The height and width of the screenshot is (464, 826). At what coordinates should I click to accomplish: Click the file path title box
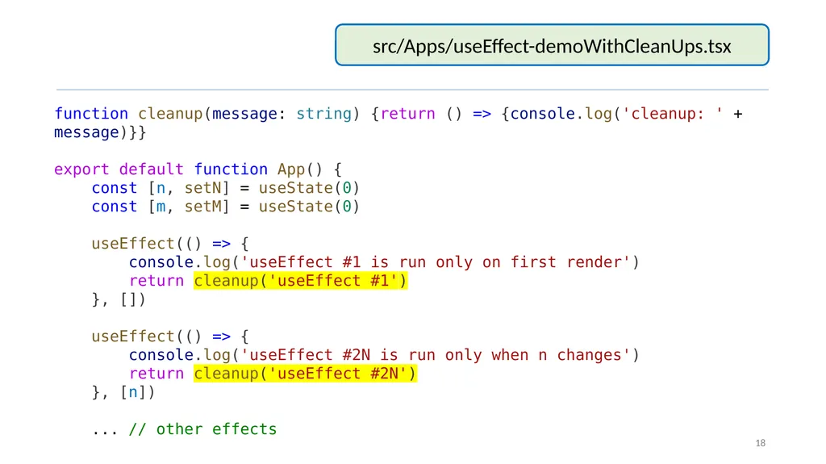tap(552, 45)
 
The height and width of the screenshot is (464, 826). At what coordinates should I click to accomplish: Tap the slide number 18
tap(760, 443)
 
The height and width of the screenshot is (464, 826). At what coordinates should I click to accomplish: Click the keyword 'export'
tap(81, 169)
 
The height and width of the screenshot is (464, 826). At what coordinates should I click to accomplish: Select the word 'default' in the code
tap(151, 169)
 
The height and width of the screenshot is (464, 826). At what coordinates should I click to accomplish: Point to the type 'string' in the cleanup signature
tap(324, 114)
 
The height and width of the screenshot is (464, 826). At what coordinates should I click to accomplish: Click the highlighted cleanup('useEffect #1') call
tap(300, 281)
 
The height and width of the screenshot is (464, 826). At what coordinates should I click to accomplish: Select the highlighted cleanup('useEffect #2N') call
tap(305, 374)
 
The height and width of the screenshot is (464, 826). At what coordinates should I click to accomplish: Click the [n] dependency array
tap(137, 392)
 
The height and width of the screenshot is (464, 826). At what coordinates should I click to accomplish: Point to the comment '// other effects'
tap(202, 429)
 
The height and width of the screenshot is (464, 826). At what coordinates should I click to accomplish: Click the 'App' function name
tap(291, 169)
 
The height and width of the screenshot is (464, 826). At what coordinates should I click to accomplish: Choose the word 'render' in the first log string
tap(594, 262)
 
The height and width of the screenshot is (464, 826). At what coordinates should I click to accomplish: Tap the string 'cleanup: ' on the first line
tap(673, 114)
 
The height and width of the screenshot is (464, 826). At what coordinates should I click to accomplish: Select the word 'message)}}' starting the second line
tap(100, 132)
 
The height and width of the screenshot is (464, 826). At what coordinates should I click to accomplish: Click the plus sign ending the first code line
tap(738, 114)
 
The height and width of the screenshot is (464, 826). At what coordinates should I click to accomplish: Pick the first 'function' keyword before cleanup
tap(91, 113)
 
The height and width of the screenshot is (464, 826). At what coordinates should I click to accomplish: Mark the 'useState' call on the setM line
tap(295, 206)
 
